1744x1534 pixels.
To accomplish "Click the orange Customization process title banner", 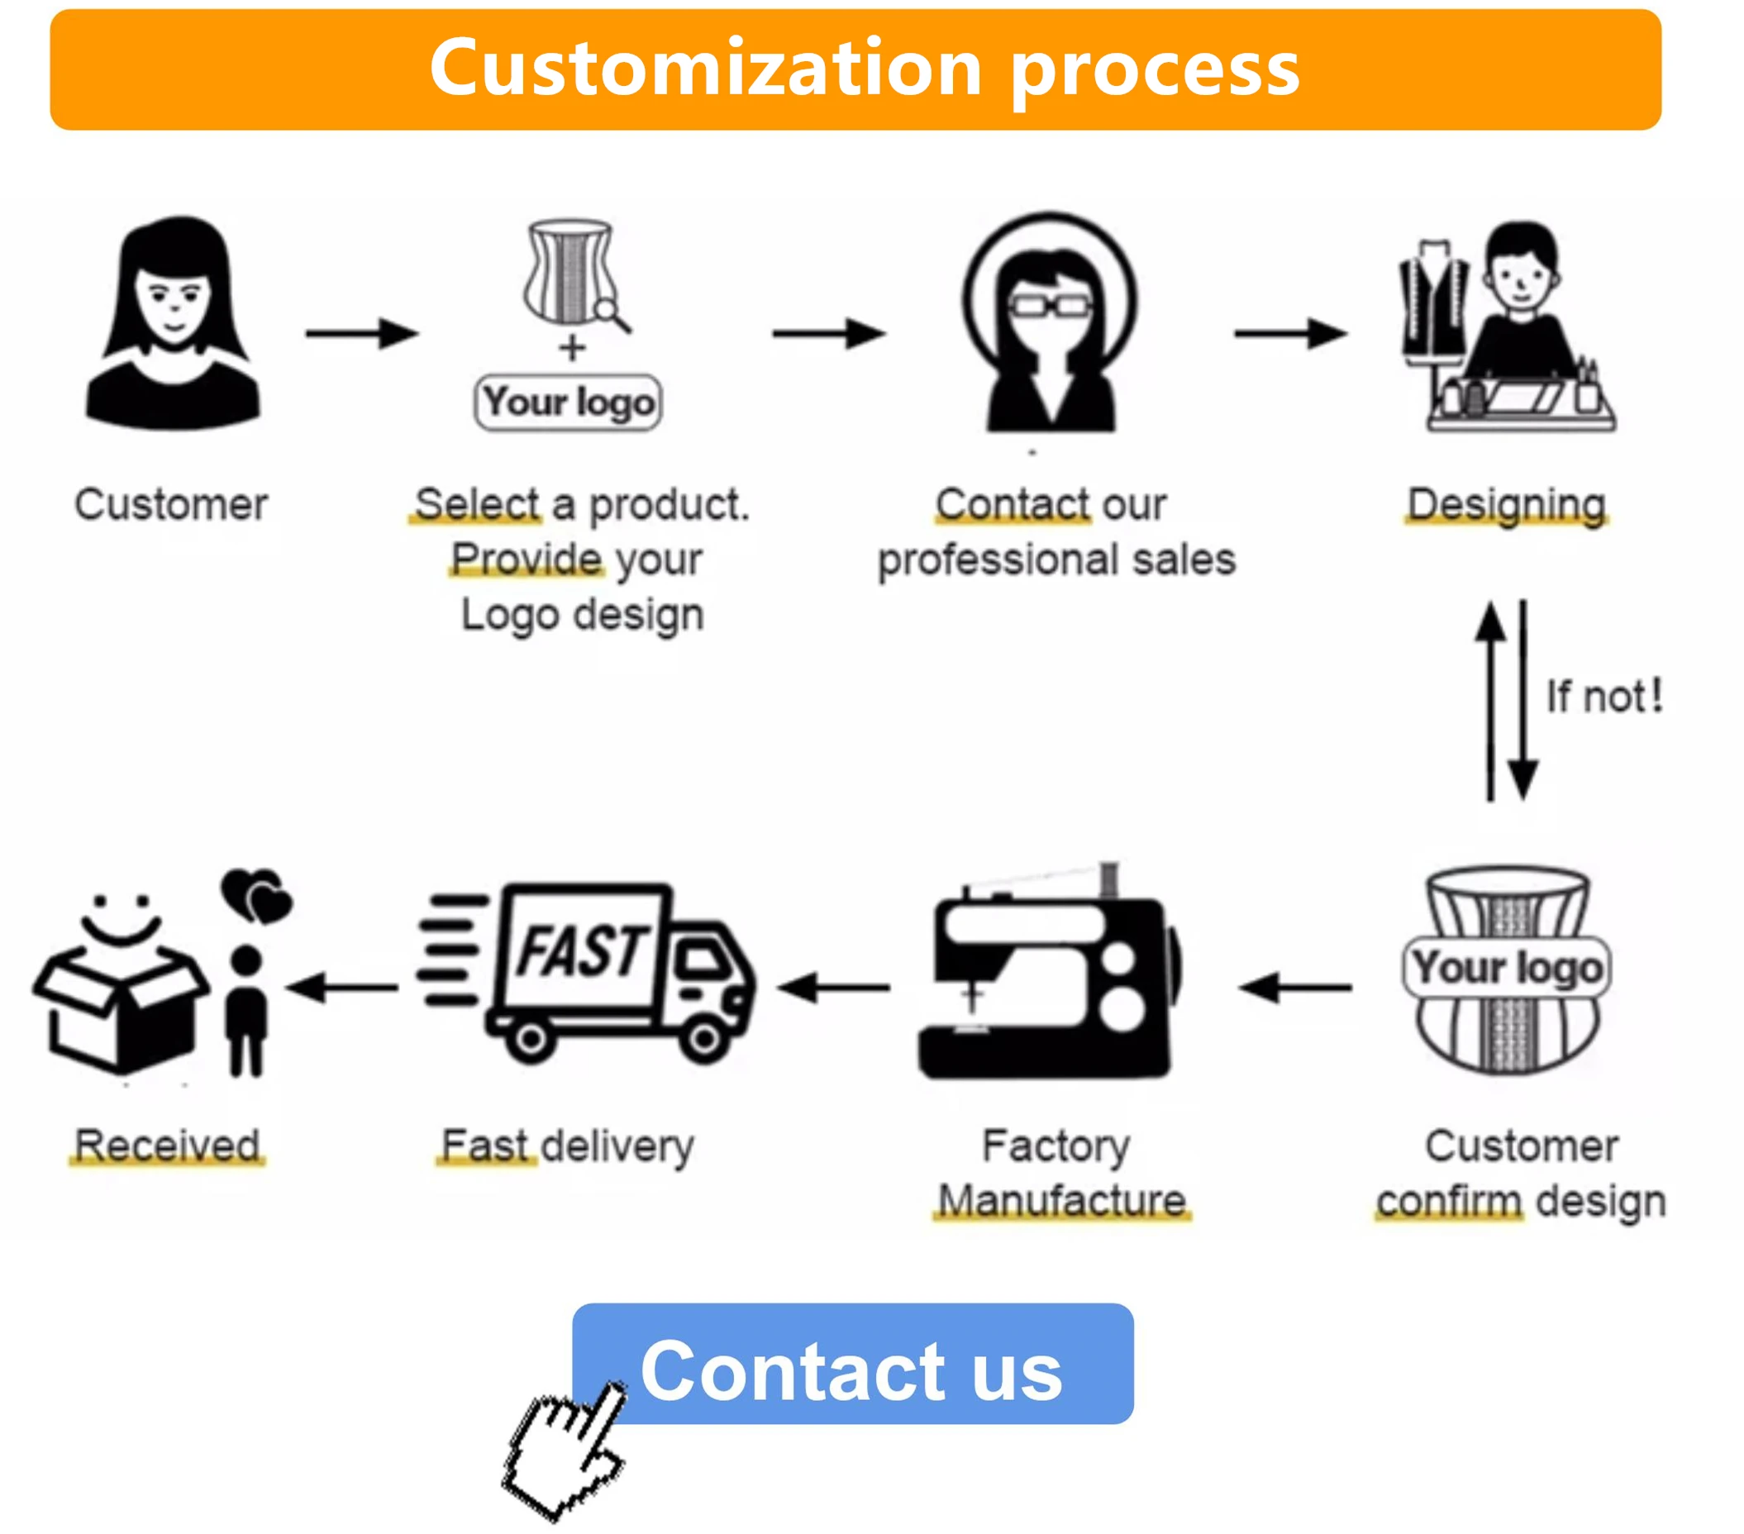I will [855, 70].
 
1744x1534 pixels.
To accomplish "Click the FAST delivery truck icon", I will [584, 974].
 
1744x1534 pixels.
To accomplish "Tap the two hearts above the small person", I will [256, 896].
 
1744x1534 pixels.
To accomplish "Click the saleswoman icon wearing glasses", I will [1051, 324].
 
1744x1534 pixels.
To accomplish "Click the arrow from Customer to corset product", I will [362, 334].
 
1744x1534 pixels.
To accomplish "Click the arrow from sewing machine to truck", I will [835, 989].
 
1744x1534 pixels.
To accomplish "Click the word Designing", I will [1506, 504].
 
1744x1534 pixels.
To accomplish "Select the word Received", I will [167, 1145].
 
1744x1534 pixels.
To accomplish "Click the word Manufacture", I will [1062, 1200].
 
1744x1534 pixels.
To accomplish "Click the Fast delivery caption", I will [567, 1146].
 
